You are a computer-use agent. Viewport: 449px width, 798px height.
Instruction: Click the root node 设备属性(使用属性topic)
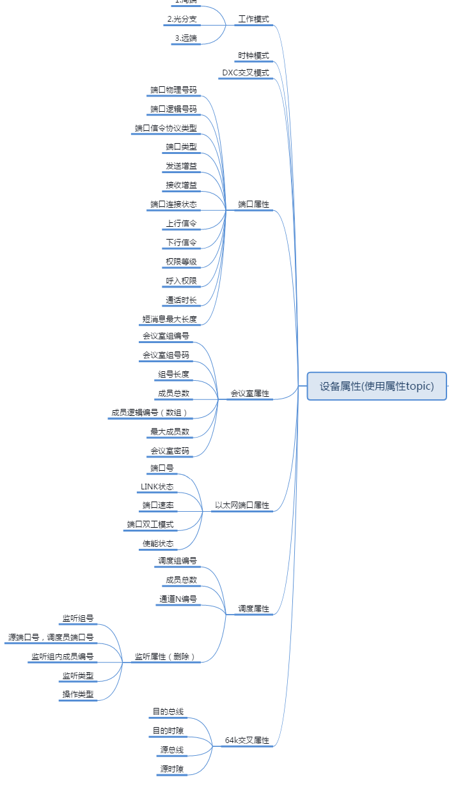coord(377,386)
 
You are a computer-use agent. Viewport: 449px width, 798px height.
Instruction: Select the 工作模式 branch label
coord(253,19)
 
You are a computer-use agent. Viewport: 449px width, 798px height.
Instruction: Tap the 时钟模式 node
coord(253,56)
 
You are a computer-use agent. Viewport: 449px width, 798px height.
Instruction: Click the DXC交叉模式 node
coord(246,72)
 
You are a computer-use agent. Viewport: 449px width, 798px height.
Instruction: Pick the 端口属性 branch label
coord(253,204)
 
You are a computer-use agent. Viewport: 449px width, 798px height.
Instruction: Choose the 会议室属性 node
coord(249,394)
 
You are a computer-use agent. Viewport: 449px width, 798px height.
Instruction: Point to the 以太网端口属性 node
coord(242,505)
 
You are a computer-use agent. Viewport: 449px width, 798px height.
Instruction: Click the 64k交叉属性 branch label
coord(247,740)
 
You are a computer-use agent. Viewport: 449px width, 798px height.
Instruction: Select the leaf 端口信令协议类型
coord(166,128)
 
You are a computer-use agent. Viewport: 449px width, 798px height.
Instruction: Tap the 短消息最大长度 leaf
coord(169,319)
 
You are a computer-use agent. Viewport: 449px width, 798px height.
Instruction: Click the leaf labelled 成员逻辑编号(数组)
coord(150,413)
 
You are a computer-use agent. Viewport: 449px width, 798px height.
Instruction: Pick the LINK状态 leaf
coord(157,487)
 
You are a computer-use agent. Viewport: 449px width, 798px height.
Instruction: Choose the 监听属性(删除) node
coord(165,656)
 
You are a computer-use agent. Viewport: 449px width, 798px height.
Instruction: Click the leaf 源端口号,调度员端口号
coord(51,637)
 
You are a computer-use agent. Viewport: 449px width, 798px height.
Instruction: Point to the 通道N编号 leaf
coord(177,599)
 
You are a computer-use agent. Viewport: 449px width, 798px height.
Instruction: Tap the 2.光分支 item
coord(182,19)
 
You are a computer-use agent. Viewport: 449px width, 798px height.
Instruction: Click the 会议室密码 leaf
coord(169,450)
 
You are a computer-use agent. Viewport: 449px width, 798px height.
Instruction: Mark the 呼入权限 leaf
coord(181,280)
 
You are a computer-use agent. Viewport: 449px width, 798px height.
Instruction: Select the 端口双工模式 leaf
coord(150,525)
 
